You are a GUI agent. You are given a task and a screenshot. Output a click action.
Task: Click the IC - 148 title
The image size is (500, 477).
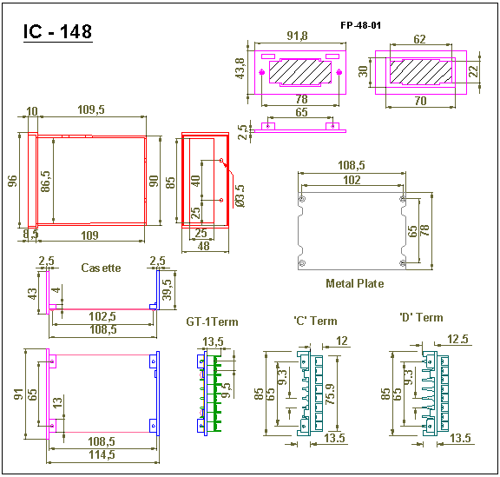pyautogui.click(x=57, y=31)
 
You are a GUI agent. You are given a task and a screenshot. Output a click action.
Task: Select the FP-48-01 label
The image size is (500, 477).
pyautogui.click(x=360, y=25)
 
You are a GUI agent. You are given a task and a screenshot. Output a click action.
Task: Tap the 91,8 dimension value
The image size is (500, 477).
pyautogui.click(x=297, y=36)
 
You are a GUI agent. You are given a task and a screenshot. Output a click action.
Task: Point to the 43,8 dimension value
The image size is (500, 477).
pyautogui.click(x=240, y=69)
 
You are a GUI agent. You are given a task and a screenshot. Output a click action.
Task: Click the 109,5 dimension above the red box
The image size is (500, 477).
pyautogui.click(x=91, y=109)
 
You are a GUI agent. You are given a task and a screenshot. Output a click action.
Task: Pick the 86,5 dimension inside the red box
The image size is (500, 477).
pyautogui.click(x=46, y=181)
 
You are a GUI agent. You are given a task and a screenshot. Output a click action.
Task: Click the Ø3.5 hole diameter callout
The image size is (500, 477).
pyautogui.click(x=240, y=195)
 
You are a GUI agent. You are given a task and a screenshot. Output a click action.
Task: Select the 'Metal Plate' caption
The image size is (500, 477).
pyautogui.click(x=354, y=283)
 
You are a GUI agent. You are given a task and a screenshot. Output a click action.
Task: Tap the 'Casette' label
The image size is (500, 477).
pyautogui.click(x=101, y=268)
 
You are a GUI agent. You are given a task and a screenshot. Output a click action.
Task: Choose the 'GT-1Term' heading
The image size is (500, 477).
pyautogui.click(x=212, y=321)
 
